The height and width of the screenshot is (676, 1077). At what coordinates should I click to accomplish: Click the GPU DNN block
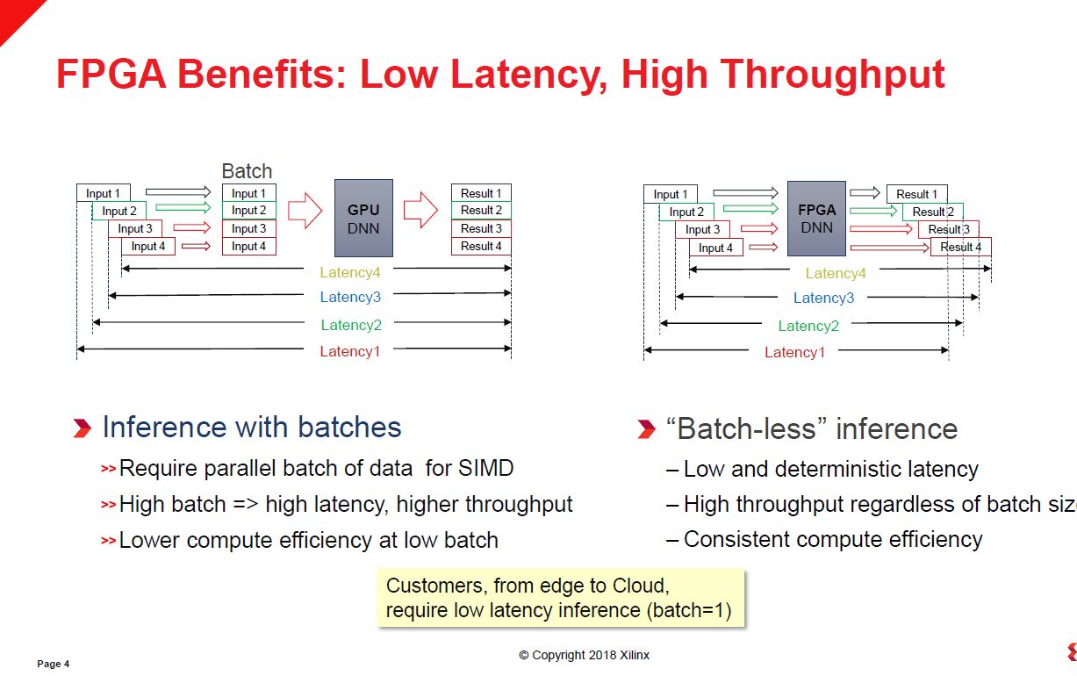coord(363,218)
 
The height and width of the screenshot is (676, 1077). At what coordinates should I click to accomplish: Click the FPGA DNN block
coord(816,219)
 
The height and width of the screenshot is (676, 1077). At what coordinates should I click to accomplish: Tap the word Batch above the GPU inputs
coord(247,171)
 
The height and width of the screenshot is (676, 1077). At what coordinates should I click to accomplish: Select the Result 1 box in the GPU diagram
coord(481,193)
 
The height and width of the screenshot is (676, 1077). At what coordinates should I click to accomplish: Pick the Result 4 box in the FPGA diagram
coord(960,248)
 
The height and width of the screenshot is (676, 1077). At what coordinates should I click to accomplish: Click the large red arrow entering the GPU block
coord(305,211)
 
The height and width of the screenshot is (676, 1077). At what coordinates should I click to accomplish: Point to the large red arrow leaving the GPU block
coord(420,211)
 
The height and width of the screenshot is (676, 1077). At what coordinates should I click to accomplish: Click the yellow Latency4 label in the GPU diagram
coord(350,273)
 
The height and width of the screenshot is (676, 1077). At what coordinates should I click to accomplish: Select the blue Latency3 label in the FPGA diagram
coord(823,298)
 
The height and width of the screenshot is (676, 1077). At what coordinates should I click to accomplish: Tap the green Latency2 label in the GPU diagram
coord(351,326)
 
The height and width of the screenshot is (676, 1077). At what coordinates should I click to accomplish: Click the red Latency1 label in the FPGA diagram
coord(794,353)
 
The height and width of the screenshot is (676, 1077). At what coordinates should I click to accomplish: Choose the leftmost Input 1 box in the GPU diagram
coord(104,193)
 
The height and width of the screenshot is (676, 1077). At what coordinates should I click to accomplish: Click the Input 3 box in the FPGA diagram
coord(702,230)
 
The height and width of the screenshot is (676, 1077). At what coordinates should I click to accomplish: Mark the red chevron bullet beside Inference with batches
coord(82,428)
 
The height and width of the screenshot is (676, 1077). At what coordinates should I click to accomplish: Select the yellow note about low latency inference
coord(560,598)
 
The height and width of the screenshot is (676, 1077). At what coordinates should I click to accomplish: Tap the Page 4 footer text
coord(53,664)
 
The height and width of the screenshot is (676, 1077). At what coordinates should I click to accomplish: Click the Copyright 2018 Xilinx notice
coord(584,655)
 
